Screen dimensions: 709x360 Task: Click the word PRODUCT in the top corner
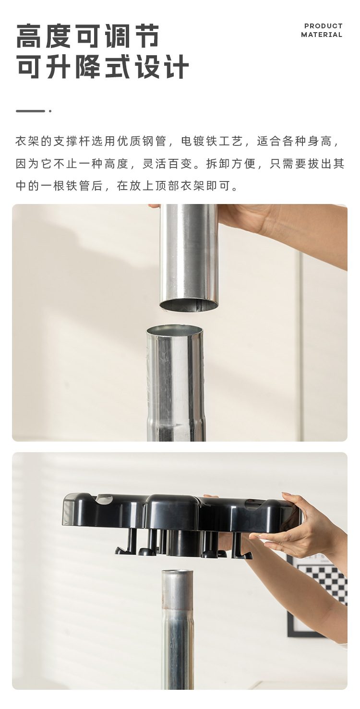point(323,26)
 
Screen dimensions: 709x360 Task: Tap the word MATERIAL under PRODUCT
point(322,35)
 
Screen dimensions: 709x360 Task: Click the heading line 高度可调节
point(88,36)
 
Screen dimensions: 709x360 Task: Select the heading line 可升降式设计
point(103,67)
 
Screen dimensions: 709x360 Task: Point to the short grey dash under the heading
point(30,111)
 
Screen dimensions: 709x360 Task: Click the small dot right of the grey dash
point(50,111)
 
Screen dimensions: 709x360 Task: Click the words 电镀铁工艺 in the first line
point(213,141)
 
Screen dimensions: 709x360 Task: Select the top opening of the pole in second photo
point(177,573)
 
